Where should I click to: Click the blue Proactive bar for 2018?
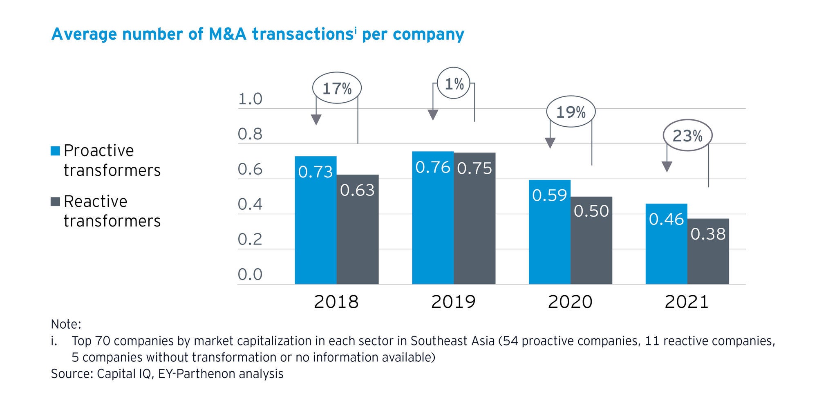316,229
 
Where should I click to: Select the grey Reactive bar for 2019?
474,229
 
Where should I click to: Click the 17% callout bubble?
337,88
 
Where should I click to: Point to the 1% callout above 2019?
454,84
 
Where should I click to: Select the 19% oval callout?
571,112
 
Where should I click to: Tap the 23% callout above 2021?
687,136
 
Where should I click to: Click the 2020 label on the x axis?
570,302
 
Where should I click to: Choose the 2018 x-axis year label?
336,302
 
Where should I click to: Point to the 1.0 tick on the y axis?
250,99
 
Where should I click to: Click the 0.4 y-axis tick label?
250,204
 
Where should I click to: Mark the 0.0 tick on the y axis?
250,274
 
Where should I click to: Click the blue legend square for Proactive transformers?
55,151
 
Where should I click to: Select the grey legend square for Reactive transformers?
55,202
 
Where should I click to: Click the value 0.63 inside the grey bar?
357,191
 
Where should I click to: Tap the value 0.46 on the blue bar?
666,220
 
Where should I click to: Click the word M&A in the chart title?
228,34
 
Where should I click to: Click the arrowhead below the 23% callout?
667,166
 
